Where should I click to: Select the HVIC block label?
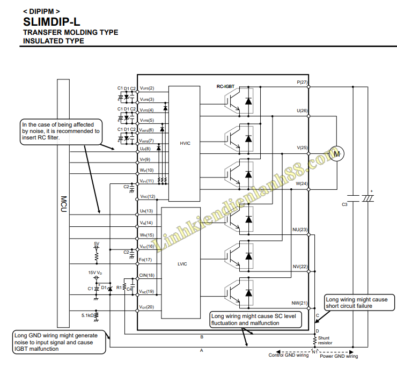(x=186, y=143)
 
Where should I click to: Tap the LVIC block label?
(x=182, y=263)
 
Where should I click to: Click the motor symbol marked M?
(x=336, y=154)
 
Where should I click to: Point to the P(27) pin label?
(x=302, y=82)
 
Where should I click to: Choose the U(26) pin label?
(x=302, y=110)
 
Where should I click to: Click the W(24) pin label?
(x=302, y=183)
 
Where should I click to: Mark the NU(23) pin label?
(x=300, y=230)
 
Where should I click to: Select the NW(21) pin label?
(x=300, y=303)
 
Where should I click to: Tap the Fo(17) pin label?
(x=145, y=260)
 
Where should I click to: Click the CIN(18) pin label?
(x=146, y=275)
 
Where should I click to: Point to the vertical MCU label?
(x=63, y=204)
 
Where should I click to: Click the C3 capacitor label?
(x=344, y=204)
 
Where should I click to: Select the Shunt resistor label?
(x=325, y=340)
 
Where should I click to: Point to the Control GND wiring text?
(x=289, y=355)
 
